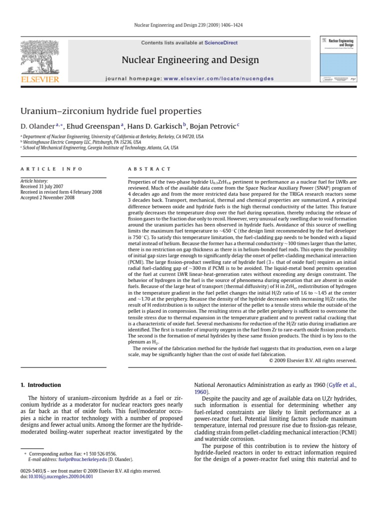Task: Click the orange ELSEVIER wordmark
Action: tap(39, 79)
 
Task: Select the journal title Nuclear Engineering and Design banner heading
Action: tap(190, 60)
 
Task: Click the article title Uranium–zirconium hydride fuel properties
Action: tap(110, 110)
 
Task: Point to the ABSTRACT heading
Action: tap(149, 169)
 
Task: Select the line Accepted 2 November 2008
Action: tap(48, 197)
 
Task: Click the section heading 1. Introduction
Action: tap(40, 385)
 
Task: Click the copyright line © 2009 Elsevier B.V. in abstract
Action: tap(312, 360)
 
